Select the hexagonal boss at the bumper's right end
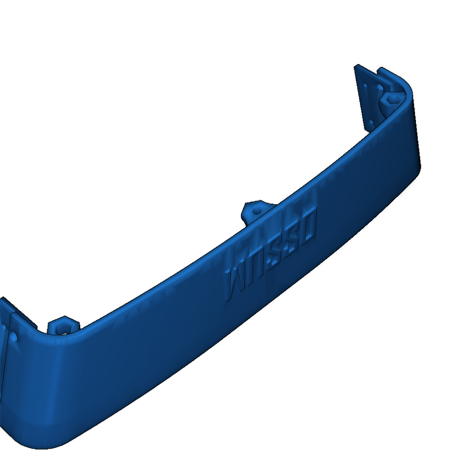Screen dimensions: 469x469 392,99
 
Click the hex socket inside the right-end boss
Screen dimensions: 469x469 393,98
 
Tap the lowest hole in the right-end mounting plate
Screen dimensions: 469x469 370,123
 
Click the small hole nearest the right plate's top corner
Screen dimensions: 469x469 365,85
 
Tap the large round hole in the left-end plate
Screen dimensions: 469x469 14,337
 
